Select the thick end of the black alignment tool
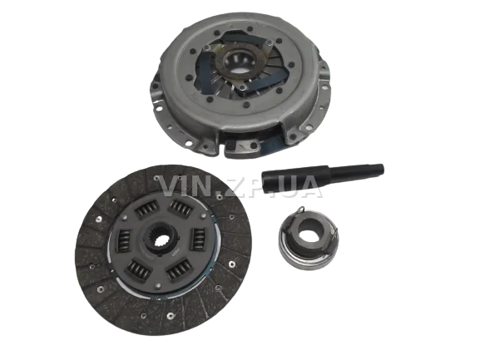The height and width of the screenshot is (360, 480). click(266, 183)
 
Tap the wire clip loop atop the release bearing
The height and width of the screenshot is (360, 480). click(301, 210)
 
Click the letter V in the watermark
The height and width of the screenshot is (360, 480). click(171, 185)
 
